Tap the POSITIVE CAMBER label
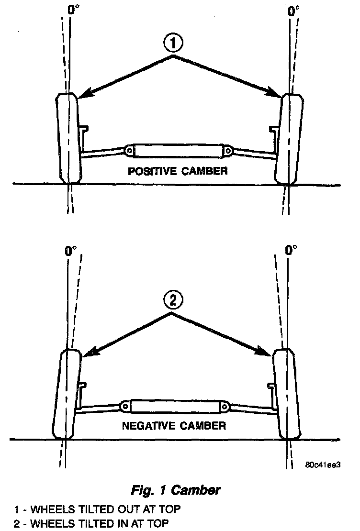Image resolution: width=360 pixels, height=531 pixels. (x=177, y=171)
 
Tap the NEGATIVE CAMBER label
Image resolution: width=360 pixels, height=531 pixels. (x=174, y=425)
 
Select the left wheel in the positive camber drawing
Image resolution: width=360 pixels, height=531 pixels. (x=68, y=138)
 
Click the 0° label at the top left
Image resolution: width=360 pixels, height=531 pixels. (x=73, y=8)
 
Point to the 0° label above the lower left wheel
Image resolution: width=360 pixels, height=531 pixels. (x=71, y=250)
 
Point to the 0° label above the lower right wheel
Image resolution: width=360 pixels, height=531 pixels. (x=292, y=250)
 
